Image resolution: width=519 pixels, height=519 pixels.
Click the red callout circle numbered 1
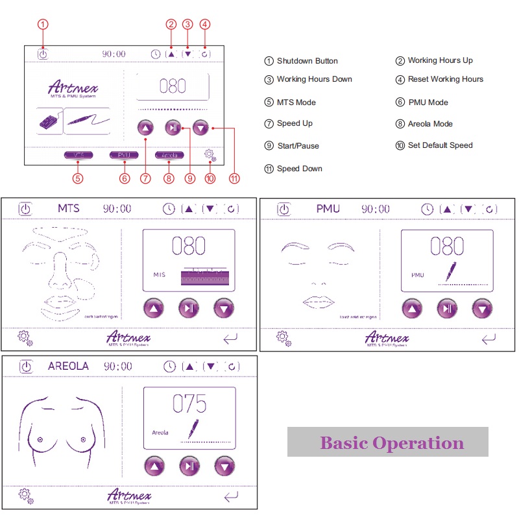click(43, 25)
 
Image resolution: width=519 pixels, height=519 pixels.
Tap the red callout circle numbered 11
click(234, 176)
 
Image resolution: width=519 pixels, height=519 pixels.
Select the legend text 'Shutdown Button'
click(307, 61)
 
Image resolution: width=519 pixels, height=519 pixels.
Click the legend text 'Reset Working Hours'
click(445, 79)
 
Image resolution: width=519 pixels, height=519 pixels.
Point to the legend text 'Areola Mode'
click(430, 124)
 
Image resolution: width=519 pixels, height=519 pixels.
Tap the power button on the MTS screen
click(25, 209)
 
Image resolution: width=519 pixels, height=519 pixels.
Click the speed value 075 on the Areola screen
click(189, 404)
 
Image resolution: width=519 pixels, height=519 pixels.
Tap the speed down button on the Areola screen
click(224, 465)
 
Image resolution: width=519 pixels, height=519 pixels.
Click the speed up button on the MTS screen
click(154, 308)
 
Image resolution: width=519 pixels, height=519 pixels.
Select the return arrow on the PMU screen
click(489, 338)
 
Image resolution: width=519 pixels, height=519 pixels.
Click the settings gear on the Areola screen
click(26, 496)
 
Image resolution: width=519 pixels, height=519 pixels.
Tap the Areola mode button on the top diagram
click(169, 156)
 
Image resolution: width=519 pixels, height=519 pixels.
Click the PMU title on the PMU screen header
click(328, 209)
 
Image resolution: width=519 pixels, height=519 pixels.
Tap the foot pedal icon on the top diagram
click(50, 121)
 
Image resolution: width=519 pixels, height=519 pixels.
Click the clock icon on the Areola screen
click(169, 367)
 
